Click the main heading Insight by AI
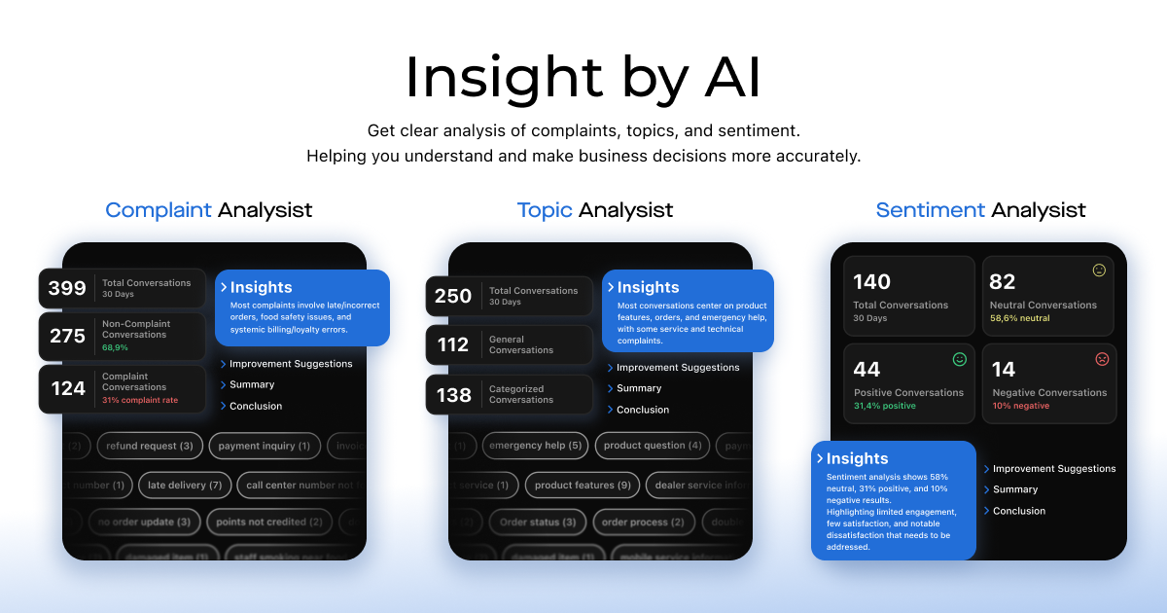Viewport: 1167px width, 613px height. pos(583,77)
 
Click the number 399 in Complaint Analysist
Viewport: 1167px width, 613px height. pos(67,288)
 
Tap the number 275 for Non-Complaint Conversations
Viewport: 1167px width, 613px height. pos(67,336)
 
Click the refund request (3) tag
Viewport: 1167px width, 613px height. pos(150,446)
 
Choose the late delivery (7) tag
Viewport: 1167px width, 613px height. pos(185,485)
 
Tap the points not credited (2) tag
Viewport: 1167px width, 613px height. pos(269,522)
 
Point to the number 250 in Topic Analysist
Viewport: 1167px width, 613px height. pos(453,296)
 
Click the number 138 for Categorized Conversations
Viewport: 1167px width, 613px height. pos(453,395)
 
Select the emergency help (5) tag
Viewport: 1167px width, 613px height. pos(536,446)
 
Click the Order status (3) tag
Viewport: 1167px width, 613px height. pos(538,523)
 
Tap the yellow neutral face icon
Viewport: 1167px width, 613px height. pos(1099,270)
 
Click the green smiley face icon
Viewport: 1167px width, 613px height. pos(960,359)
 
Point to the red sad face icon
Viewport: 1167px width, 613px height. pos(1102,359)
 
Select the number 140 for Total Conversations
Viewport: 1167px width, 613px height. pos(871,282)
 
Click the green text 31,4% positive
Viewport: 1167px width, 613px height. pos(884,406)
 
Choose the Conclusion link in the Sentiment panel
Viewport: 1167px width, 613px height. pos(1018,511)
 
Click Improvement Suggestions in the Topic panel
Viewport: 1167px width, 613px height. pos(677,368)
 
